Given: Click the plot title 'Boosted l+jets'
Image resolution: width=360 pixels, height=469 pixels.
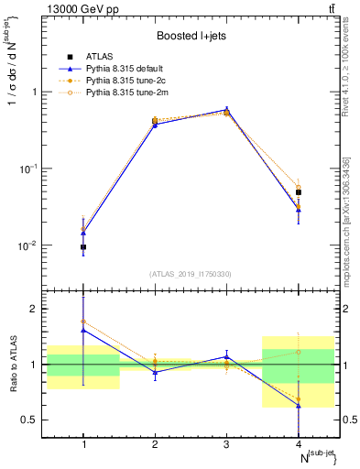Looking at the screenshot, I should pos(191,36).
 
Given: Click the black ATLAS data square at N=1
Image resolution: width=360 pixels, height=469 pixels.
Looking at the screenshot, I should pos(83,247).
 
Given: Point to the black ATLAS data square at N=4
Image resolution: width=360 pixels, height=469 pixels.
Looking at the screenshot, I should pos(298,192).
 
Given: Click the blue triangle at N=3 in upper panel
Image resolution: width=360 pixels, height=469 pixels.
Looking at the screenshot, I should pos(226,109).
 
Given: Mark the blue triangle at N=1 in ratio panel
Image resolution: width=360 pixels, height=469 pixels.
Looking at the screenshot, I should pos(83,330).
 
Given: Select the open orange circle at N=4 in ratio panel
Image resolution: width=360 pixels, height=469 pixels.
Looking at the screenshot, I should pos(298,352).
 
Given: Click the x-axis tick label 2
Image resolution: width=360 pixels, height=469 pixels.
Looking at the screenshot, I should pos(155,444).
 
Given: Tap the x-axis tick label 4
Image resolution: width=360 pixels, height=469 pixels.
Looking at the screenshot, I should pos(298,444).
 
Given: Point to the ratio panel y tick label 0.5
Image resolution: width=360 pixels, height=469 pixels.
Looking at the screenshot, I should pos(36,420).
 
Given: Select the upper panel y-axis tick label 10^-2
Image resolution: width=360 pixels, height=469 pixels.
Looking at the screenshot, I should pos(34,245).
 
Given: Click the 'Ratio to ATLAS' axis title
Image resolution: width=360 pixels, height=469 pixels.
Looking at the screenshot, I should pos(14,366).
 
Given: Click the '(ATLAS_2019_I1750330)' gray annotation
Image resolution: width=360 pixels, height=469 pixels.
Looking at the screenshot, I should pos(191,273).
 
